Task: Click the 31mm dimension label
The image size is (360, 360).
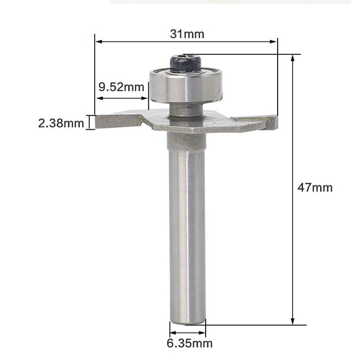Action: (187, 34)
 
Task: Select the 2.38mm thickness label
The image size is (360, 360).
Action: (61, 123)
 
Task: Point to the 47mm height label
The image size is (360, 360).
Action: (315, 187)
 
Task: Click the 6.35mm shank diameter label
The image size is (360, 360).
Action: (189, 344)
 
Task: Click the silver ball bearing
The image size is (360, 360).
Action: (185, 85)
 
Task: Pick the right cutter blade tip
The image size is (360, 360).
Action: (273, 121)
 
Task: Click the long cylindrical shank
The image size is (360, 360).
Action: (187, 234)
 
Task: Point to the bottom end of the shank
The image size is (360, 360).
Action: (187, 320)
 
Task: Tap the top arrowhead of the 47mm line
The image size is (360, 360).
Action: (293, 58)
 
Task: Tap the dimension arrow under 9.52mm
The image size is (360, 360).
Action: (123, 97)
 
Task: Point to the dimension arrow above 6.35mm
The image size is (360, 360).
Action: (187, 333)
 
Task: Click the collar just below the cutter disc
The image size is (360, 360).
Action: (186, 141)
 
